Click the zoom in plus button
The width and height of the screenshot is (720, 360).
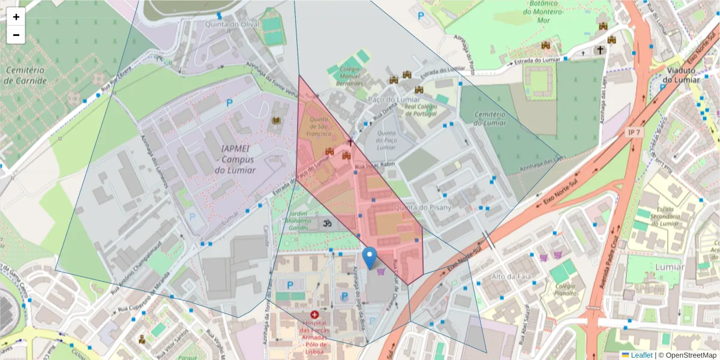(16, 17)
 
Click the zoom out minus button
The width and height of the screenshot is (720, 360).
(16, 35)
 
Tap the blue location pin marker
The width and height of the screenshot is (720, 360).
(370, 258)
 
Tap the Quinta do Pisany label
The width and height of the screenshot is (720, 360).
(422, 207)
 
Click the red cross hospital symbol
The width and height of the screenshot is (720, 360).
(314, 314)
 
